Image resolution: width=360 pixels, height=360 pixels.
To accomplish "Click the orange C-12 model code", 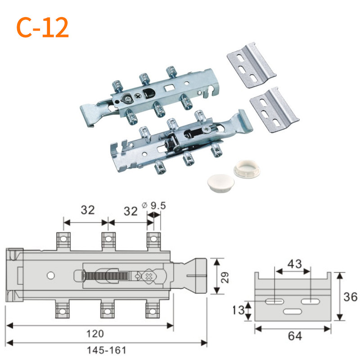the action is coord(43,27).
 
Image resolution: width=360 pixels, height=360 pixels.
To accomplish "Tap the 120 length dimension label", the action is coord(95,333).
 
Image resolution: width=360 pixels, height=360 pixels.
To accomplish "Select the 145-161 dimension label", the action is coord(107,351).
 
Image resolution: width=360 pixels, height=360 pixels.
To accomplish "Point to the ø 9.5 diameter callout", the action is coord(154,206).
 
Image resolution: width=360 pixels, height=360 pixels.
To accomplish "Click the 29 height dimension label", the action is coord(225,277).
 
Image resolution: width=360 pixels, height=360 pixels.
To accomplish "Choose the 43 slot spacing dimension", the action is coord(295,264).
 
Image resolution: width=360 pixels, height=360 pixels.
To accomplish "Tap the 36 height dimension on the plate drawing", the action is coord(351,297).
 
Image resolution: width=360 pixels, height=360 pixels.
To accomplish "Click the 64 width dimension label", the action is coord(295,336).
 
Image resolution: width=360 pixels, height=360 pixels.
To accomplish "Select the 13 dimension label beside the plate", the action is coord(238,310).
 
